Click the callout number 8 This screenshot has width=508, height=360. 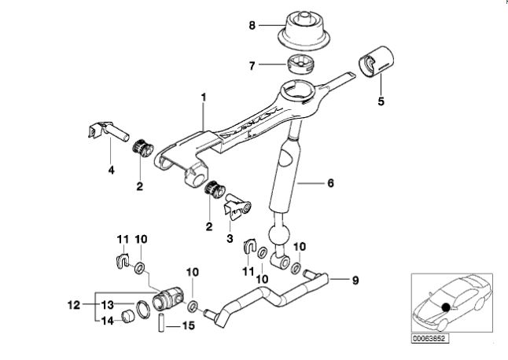(252, 25)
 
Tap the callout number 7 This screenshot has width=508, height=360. (252, 66)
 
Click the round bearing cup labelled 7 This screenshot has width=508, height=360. (301, 64)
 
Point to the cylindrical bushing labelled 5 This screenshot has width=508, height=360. (376, 62)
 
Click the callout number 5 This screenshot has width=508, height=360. (381, 101)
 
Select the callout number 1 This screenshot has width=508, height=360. (204, 97)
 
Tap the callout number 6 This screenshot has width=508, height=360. (330, 183)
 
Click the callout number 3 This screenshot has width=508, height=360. (230, 239)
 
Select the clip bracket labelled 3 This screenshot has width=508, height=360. (237, 207)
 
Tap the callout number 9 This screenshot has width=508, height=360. (355, 281)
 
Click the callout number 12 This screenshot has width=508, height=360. (74, 305)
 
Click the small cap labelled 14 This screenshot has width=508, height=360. (127, 316)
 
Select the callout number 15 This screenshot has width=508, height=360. (189, 325)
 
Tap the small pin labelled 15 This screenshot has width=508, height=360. (161, 321)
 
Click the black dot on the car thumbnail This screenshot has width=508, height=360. (446, 307)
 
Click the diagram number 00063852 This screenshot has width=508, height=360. (431, 339)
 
